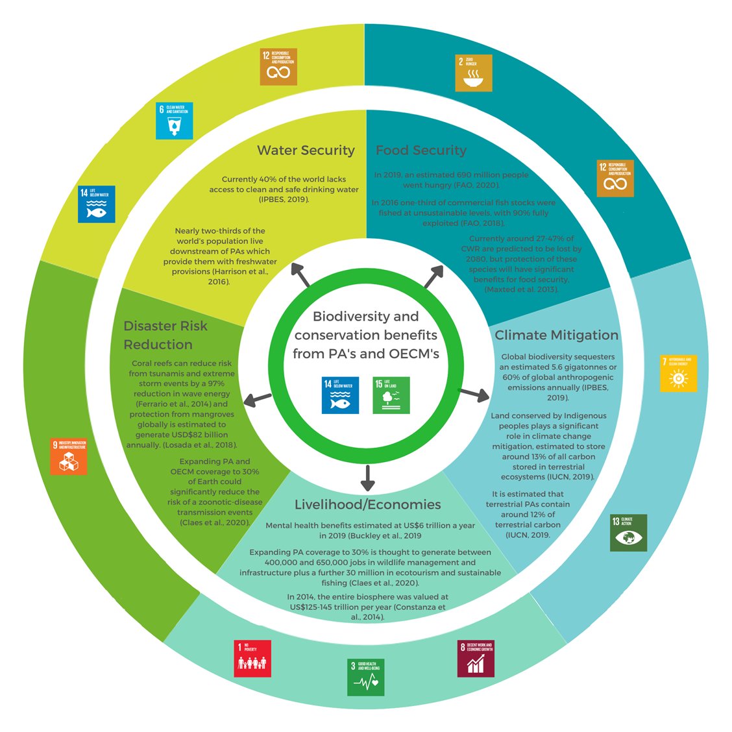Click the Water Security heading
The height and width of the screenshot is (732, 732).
point(306,151)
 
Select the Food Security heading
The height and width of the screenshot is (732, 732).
point(421,151)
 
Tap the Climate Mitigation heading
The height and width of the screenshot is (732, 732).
point(556,335)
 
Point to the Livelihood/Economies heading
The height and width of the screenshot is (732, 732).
point(367,504)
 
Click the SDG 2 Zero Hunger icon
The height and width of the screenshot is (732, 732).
point(474,73)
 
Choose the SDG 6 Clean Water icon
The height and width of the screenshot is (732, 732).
point(174,120)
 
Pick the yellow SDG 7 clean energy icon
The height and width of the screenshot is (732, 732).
point(678,373)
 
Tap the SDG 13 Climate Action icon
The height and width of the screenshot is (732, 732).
point(628,532)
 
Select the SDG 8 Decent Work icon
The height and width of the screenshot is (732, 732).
point(476,658)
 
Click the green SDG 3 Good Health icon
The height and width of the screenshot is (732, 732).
point(365,677)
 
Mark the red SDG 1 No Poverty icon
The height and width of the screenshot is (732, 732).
point(252,658)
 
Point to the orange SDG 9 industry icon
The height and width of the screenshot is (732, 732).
point(68,456)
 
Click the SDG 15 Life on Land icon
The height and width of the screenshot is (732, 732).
point(391,395)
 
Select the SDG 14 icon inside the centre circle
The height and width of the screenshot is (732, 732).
point(340,395)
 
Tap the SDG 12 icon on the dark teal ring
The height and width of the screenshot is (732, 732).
point(615,178)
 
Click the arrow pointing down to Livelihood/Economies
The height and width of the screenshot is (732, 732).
point(367,478)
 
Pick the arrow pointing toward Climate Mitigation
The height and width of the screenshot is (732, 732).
point(474,393)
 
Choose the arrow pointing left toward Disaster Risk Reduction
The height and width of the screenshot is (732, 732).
point(258,398)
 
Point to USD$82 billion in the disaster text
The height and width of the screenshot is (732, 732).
point(195,435)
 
